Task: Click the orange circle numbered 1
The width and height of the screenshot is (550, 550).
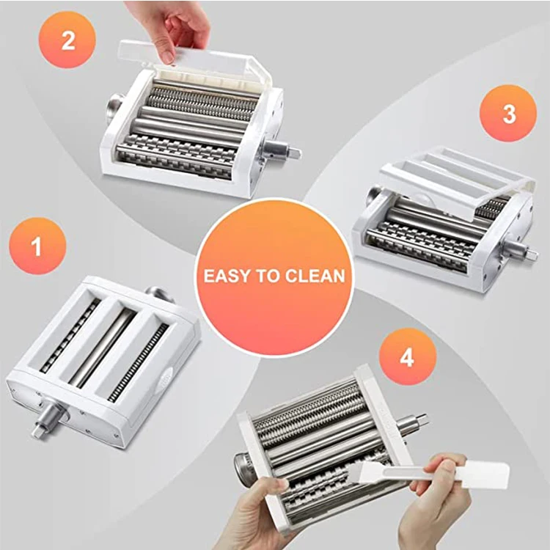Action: pyautogui.click(x=37, y=246)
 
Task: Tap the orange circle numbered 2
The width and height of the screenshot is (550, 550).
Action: pyautogui.click(x=68, y=40)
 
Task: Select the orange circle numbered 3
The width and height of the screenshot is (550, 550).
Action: pyautogui.click(x=508, y=114)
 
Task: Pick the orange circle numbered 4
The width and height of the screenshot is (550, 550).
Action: pyautogui.click(x=407, y=357)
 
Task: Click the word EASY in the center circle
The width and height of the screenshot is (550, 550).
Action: pyautogui.click(x=226, y=276)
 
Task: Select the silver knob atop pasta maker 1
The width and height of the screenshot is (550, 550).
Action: pyautogui.click(x=161, y=295)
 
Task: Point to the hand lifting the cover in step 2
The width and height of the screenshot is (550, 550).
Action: pyautogui.click(x=170, y=26)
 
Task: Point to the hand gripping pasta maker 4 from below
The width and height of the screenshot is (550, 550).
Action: pyautogui.click(x=264, y=513)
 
